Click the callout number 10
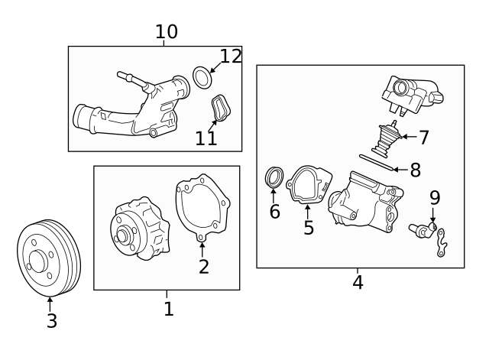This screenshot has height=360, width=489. [x=166, y=31]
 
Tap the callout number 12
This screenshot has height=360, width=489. [x=231, y=56]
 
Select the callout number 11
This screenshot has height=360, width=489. [x=206, y=138]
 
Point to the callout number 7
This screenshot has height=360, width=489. [x=423, y=138]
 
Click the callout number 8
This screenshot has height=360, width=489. [x=415, y=170]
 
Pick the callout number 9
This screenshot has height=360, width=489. [x=435, y=198]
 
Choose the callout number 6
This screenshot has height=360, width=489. [x=274, y=212]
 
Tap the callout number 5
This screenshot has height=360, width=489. [x=309, y=228]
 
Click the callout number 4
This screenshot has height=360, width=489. [x=358, y=282]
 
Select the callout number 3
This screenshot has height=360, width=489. [x=51, y=321]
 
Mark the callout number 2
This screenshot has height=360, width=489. [x=203, y=266]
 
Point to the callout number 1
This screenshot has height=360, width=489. [x=168, y=309]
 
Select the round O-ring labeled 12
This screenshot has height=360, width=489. [x=201, y=77]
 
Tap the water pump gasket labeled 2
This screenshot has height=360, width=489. [x=202, y=207]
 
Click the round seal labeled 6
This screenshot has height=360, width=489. [x=274, y=178]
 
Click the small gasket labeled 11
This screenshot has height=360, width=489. [x=220, y=107]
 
